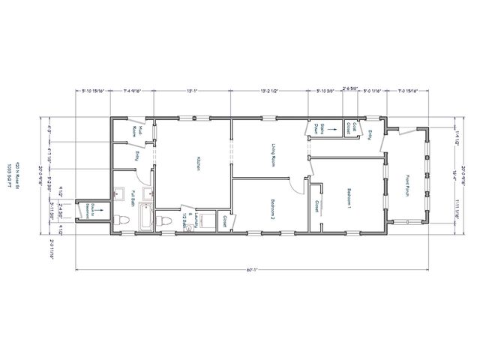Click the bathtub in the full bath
click(145, 219)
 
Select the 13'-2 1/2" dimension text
click(268, 91)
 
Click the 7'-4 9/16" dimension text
click(136, 91)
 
